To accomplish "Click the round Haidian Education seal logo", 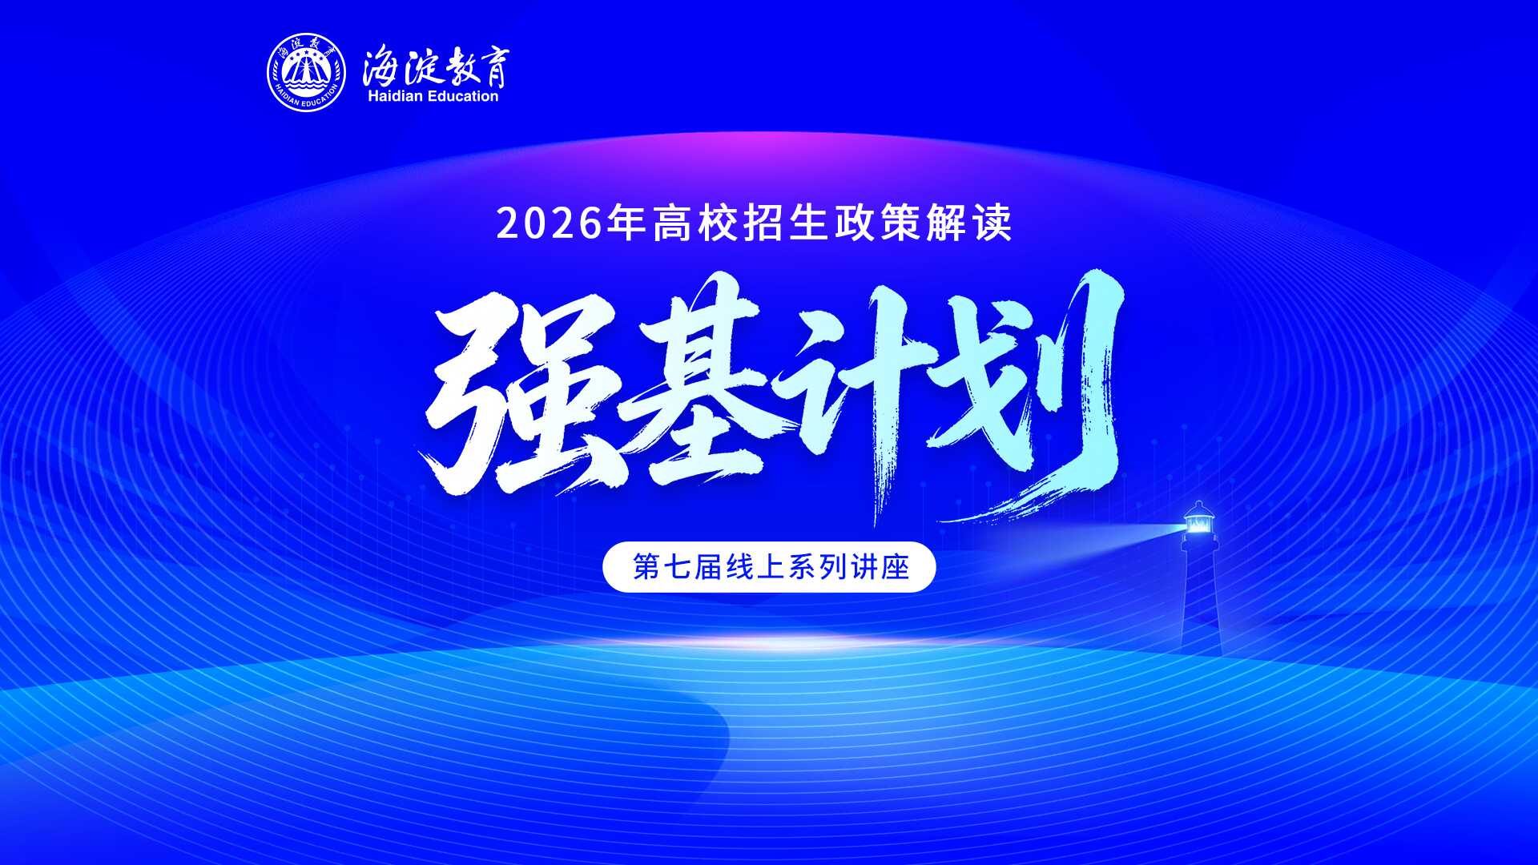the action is (306, 73).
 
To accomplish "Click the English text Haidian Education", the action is (433, 96).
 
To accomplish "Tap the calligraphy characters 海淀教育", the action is (435, 66).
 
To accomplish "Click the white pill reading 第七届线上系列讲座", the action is (769, 567).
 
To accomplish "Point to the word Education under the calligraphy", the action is (463, 96).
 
